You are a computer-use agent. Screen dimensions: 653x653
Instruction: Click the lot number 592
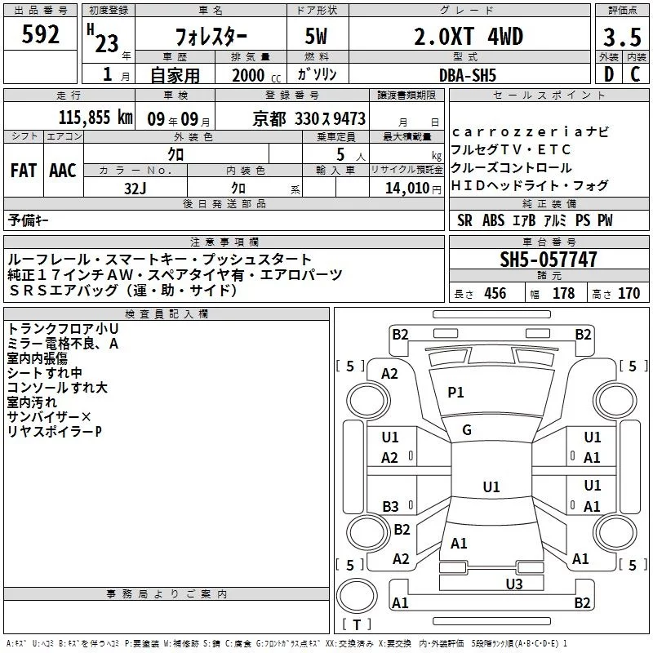40,34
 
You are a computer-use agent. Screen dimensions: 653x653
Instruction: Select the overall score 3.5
622,37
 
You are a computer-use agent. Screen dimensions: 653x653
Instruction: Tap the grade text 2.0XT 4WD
469,36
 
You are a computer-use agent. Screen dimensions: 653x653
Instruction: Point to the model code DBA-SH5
468,75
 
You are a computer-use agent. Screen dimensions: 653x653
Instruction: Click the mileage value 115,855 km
96,117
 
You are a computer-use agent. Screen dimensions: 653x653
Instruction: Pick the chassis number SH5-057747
549,260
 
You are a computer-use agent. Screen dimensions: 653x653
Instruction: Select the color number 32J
135,189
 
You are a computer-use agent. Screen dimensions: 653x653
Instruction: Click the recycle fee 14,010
407,188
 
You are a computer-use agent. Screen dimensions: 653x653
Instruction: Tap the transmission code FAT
24,171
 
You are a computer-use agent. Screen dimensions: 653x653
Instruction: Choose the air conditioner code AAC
63,171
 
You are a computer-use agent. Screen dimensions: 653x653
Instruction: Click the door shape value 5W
316,36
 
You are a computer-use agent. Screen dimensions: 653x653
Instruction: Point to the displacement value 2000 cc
256,75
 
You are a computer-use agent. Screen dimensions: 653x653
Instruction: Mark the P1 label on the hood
455,392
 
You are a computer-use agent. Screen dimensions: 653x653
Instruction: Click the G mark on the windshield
467,430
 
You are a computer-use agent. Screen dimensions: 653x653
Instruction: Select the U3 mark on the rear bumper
514,584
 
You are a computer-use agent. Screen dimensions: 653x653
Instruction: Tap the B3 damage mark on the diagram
391,506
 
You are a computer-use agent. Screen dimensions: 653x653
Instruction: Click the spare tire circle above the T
357,596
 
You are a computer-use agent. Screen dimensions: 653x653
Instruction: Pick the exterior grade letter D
609,74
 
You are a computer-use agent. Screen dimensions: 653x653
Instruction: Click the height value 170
629,293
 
